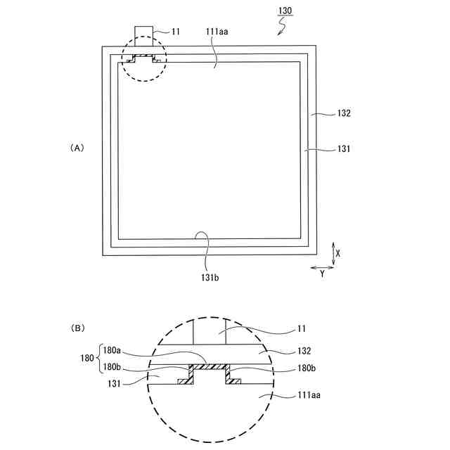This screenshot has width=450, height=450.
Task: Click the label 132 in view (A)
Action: coord(344,112)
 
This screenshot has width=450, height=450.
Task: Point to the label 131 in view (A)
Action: coord(344,148)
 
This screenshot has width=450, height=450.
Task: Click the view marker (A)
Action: coord(77,148)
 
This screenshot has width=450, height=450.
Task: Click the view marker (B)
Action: coord(77,328)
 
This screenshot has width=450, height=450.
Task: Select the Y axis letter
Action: coord(322,274)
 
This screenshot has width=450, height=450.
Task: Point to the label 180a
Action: coord(112,349)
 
